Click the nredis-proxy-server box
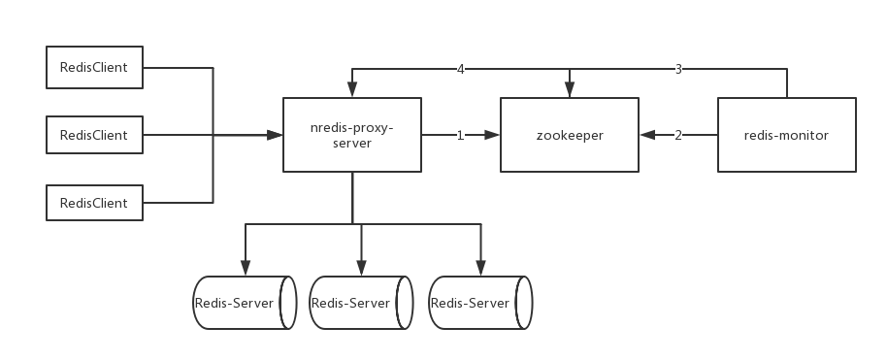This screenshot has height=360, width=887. click(x=352, y=135)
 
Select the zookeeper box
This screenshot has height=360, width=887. click(x=569, y=135)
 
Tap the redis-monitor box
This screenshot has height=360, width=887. click(x=787, y=135)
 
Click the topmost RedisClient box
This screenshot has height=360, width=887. click(x=94, y=69)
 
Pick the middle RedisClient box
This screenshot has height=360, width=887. click(x=94, y=135)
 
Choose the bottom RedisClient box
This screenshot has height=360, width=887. click(x=94, y=203)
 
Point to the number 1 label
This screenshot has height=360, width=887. click(x=461, y=136)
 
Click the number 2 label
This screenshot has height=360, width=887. click(x=678, y=136)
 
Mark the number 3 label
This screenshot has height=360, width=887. click(x=678, y=69)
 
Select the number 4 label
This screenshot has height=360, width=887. click(x=461, y=69)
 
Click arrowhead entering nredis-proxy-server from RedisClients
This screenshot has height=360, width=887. click(x=276, y=136)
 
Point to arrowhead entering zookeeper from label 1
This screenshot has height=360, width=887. click(x=494, y=136)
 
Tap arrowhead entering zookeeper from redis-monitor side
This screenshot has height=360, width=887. click(x=644, y=136)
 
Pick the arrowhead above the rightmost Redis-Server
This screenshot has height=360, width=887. click(x=480, y=268)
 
